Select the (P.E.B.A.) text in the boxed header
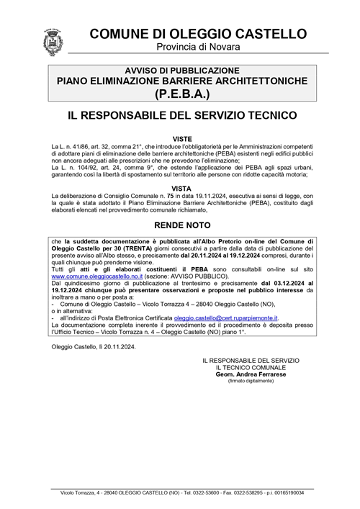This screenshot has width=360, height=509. point(192,94)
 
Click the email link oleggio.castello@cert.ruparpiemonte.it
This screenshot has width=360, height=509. point(226,317)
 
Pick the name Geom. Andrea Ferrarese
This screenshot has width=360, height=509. point(247,374)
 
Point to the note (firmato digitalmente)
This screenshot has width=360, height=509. point(247,382)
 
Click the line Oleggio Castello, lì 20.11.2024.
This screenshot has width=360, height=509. point(94,346)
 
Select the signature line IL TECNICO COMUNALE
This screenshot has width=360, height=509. point(247,367)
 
